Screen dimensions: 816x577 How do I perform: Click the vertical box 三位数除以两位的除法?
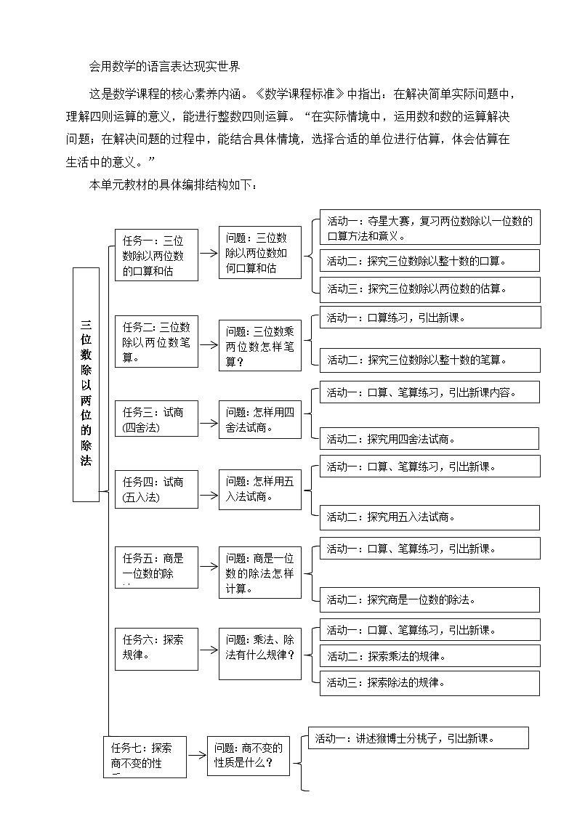pos(86,384)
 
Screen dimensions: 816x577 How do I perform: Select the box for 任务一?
pos(156,255)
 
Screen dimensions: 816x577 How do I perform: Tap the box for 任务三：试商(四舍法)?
pos(156,420)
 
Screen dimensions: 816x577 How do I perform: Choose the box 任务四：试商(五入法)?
pos(156,489)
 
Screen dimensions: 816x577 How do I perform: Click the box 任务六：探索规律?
pos(156,648)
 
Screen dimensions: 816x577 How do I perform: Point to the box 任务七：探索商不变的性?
pos(145,756)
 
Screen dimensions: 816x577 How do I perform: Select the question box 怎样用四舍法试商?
pos(260,420)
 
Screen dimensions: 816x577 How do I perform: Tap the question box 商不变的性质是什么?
pos(249,756)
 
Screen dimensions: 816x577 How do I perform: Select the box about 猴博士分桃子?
pos(418,738)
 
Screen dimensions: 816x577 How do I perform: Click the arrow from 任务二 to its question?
pos(209,346)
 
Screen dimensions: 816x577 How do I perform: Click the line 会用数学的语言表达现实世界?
pos(164,67)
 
